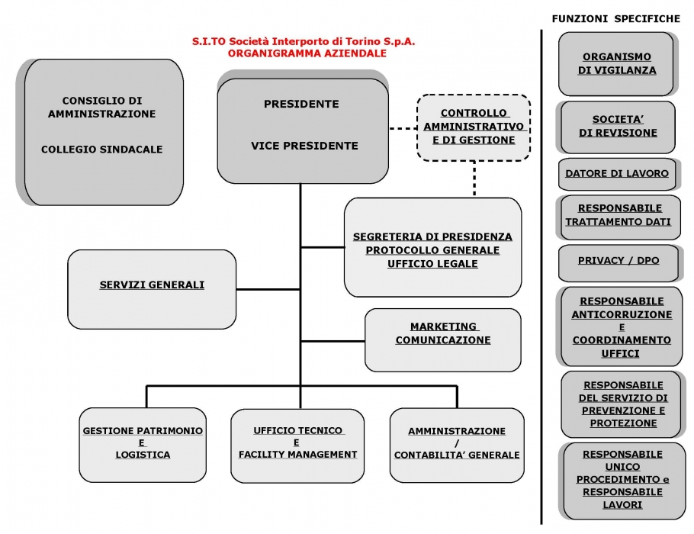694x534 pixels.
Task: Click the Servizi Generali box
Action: pyautogui.click(x=152, y=289)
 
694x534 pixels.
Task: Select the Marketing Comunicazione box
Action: pyautogui.click(x=443, y=340)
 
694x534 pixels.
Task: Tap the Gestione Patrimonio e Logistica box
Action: pyautogui.click(x=143, y=445)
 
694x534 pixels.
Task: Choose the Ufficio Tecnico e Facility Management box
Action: pyautogui.click(x=297, y=446)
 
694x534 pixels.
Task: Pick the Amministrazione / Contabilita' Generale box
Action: pyautogui.click(x=457, y=445)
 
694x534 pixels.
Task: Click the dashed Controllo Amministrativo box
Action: pyautogui.click(x=474, y=127)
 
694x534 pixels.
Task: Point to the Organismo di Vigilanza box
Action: pyautogui.click(x=616, y=64)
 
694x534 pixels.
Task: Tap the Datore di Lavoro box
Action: pyautogui.click(x=617, y=174)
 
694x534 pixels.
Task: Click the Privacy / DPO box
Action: pyautogui.click(x=618, y=262)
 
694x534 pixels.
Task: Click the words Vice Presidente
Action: pyautogui.click(x=304, y=146)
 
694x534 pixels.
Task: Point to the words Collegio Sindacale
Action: pyautogui.click(x=101, y=150)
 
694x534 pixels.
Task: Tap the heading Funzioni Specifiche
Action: pyautogui.click(x=615, y=18)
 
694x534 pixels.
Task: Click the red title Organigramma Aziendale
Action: pyautogui.click(x=307, y=53)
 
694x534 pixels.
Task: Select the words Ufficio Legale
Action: pyautogui.click(x=432, y=264)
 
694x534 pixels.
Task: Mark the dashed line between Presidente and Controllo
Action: pyautogui.click(x=403, y=128)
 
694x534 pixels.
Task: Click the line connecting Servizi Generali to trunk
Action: pyautogui.click(x=268, y=289)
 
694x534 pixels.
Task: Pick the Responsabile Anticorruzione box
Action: pyautogui.click(x=621, y=327)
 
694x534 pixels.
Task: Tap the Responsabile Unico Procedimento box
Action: pyautogui.click(x=623, y=481)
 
